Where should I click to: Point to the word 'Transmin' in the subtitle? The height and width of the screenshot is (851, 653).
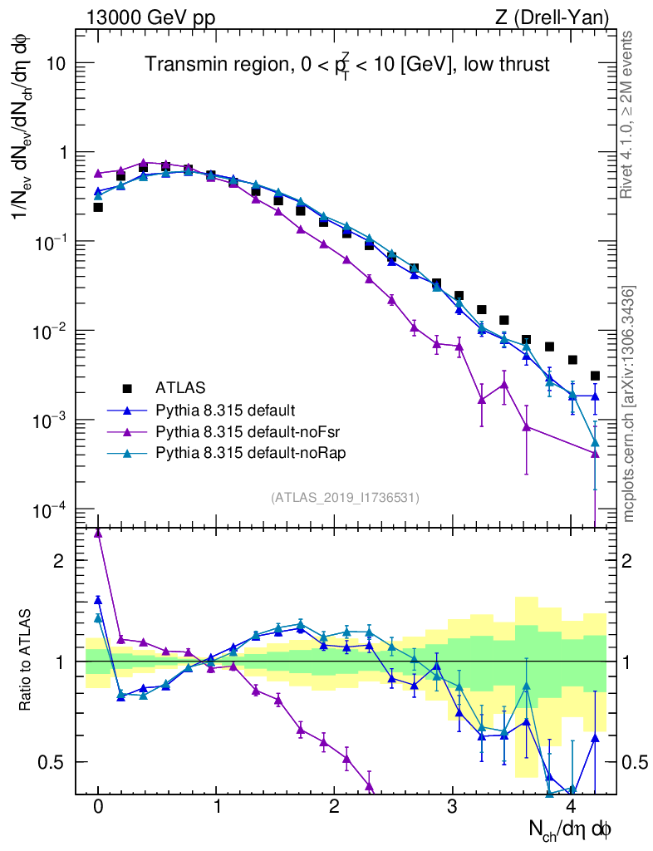[178, 65]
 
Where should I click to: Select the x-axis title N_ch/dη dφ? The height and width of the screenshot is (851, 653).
[571, 829]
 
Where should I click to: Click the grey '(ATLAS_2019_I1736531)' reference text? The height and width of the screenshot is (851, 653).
[345, 498]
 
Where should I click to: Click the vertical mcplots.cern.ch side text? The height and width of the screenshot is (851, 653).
[629, 404]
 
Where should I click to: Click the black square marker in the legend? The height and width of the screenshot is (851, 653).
[127, 387]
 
